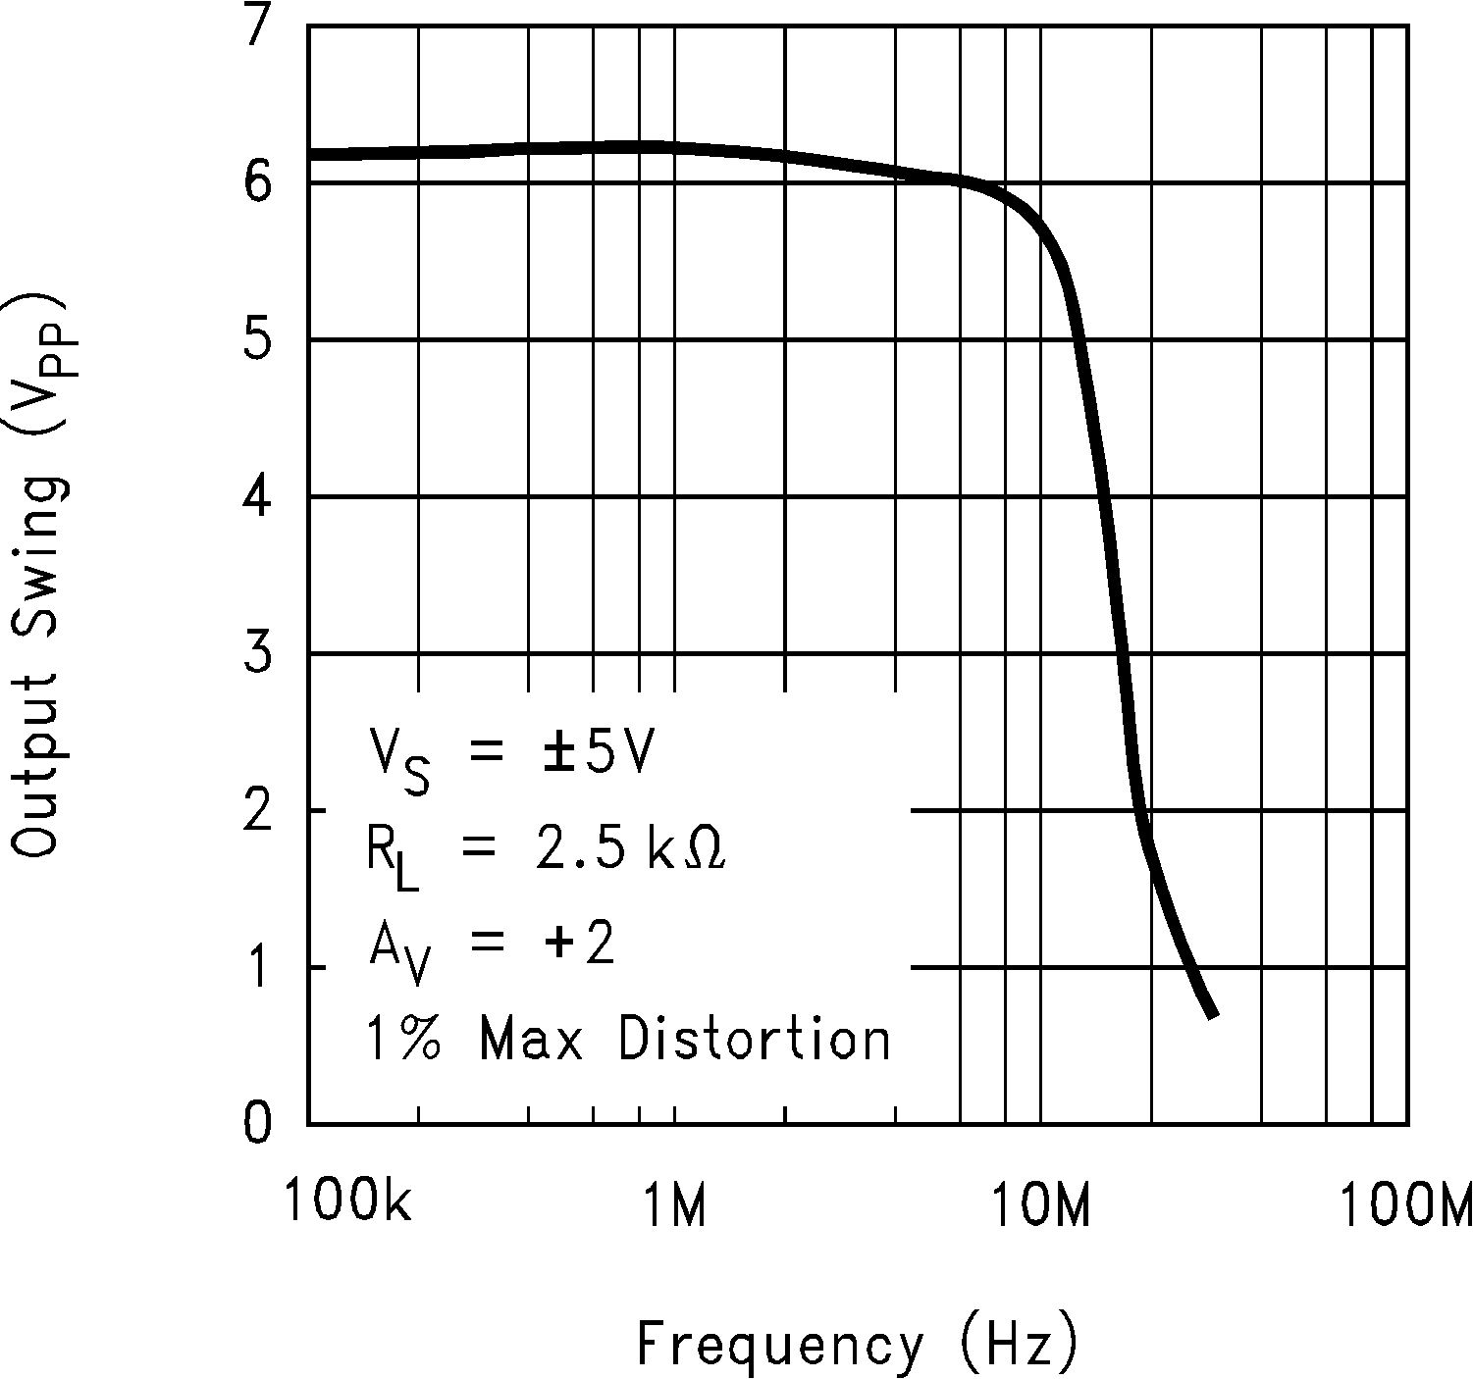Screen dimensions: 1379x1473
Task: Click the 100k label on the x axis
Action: [x=347, y=1202]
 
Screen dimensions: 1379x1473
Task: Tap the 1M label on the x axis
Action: [x=675, y=1202]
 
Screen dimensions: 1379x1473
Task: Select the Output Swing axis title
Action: [x=41, y=574]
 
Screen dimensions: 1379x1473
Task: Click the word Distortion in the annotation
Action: [x=754, y=1038]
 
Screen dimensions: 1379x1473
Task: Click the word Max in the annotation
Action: [x=531, y=1038]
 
